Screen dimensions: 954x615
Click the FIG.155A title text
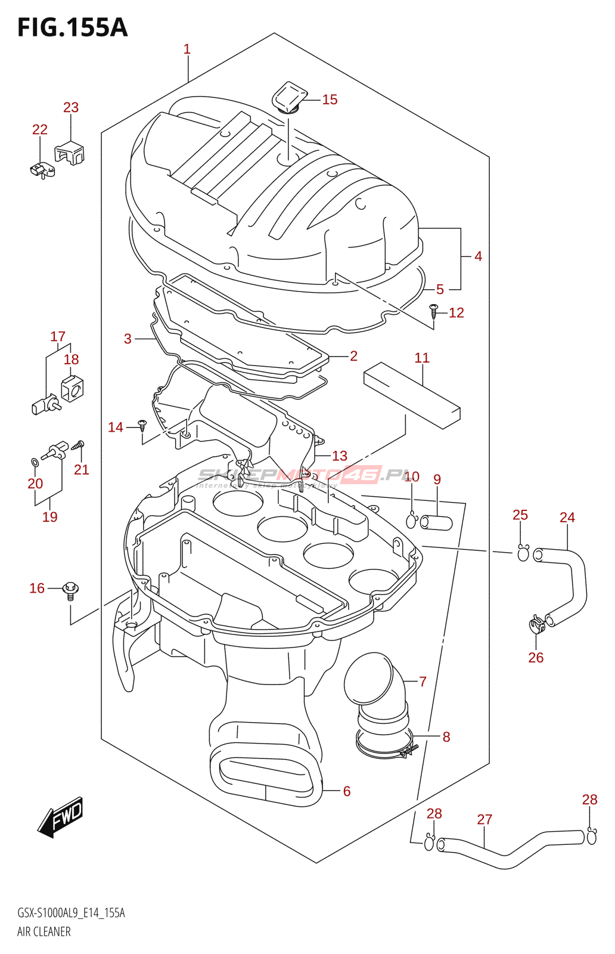[x=72, y=27]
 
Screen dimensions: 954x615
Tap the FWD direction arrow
[x=61, y=817]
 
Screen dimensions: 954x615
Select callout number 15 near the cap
[x=330, y=100]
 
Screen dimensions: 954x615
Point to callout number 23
[x=71, y=107]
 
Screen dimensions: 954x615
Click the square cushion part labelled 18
[x=73, y=389]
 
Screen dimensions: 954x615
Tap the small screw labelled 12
[x=434, y=310]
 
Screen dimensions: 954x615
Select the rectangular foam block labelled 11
[x=412, y=395]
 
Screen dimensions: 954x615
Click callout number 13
[x=340, y=456]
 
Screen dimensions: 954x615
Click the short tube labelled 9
[x=436, y=523]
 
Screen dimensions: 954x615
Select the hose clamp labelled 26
[x=537, y=625]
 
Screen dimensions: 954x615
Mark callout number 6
[x=347, y=791]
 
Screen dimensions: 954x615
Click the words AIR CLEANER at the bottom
[x=44, y=931]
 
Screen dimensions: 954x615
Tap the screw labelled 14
[x=142, y=425]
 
